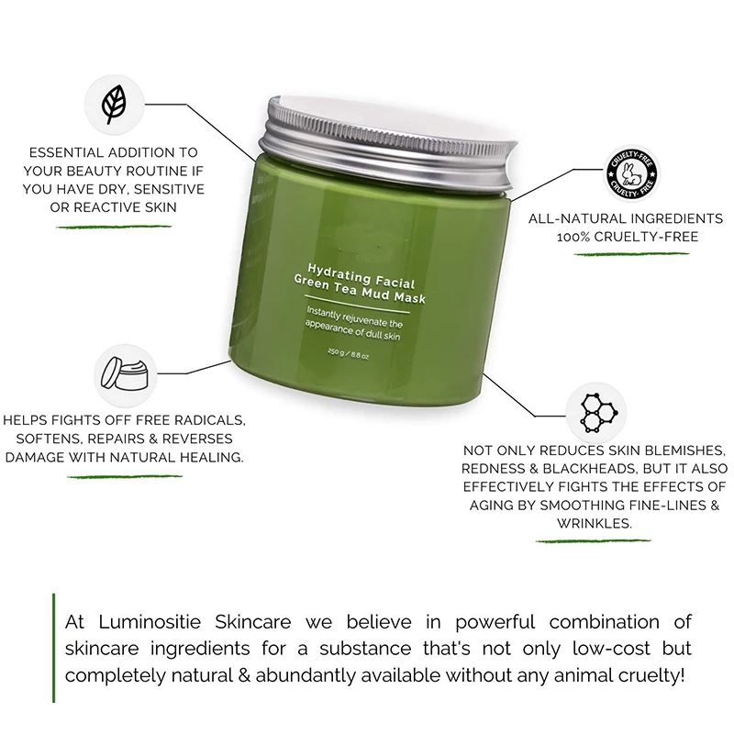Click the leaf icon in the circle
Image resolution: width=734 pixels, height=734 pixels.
(x=115, y=103)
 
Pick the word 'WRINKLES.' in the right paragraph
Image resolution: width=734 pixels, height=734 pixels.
(x=594, y=523)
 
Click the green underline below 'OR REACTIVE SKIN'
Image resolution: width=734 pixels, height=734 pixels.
(x=114, y=227)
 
